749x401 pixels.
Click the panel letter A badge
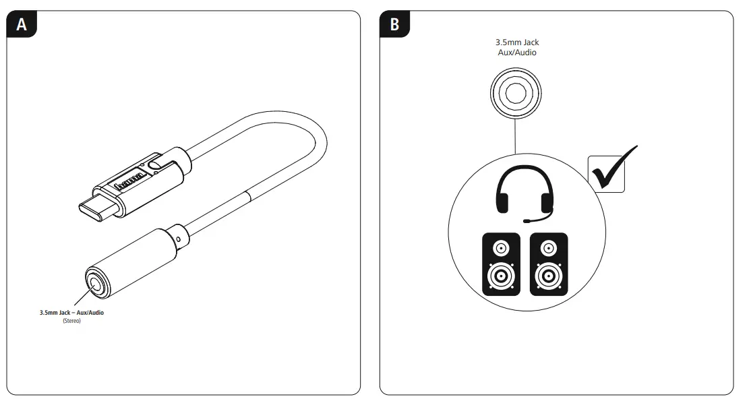tap(22, 24)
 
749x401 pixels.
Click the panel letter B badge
tap(394, 24)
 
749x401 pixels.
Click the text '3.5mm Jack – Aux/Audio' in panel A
tap(71, 313)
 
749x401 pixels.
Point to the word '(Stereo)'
tap(71, 321)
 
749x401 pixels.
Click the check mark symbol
tap(613, 168)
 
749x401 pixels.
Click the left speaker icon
tap(501, 264)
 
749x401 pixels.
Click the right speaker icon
tap(548, 264)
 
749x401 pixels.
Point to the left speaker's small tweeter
tap(501, 249)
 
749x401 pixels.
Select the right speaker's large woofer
tap(548, 276)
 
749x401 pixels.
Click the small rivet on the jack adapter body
tap(177, 238)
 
